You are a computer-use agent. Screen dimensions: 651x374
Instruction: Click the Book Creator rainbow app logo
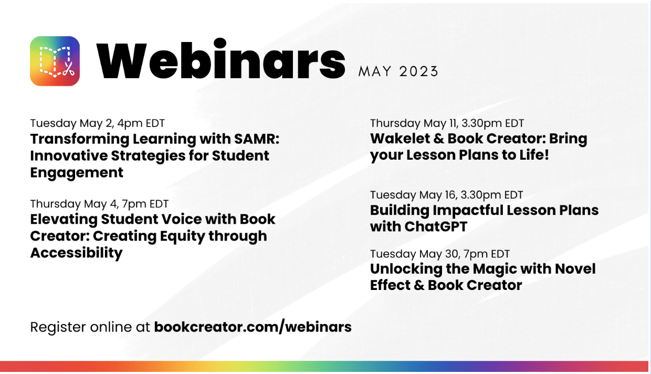(55, 61)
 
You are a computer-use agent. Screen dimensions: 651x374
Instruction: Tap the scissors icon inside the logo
(69, 69)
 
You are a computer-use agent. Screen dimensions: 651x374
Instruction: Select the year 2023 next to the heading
(419, 71)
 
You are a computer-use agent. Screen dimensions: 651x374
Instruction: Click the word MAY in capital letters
(375, 71)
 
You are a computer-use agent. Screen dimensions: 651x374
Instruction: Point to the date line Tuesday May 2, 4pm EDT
(97, 123)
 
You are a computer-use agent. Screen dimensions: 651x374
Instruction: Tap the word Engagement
(77, 172)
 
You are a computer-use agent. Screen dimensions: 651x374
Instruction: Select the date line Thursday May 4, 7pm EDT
(99, 204)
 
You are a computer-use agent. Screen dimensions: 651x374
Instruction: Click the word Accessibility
(77, 253)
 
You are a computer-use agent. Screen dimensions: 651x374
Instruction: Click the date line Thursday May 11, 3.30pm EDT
(447, 123)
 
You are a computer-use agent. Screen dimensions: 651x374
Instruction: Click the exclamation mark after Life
(547, 155)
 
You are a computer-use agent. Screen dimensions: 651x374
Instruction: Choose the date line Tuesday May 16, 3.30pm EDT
(447, 195)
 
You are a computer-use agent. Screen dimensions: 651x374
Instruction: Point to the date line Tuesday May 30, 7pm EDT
(440, 254)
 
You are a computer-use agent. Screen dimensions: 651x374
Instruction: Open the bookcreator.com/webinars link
(253, 327)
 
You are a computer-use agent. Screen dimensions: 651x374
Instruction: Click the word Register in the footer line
(58, 327)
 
